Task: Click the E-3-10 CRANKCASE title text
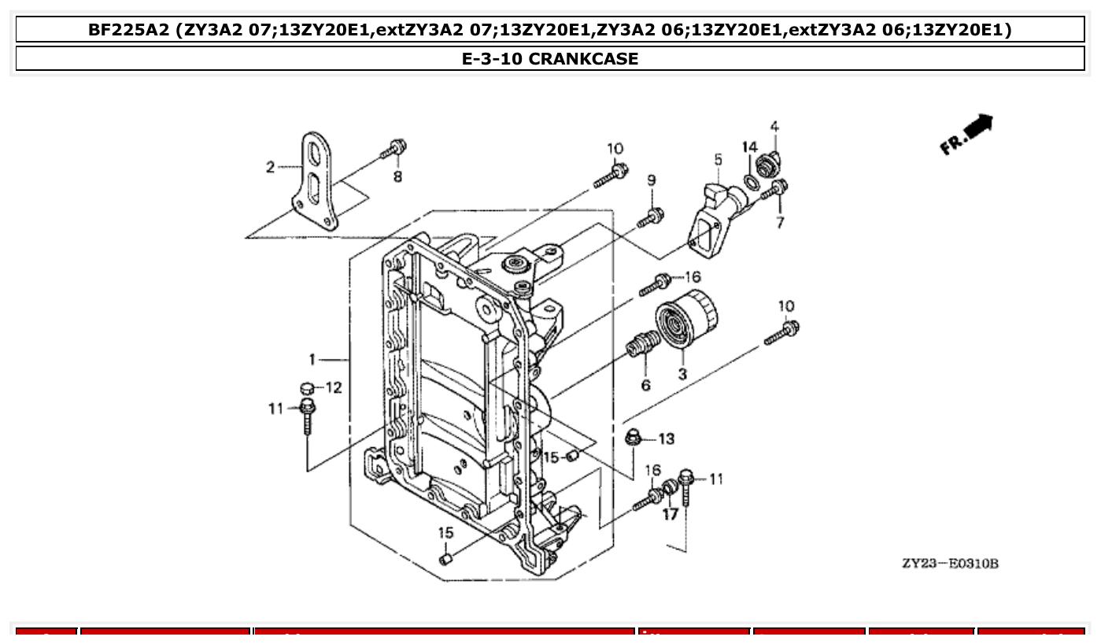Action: pos(549,58)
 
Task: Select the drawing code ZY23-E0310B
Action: pos(950,564)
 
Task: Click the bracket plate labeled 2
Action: pos(316,181)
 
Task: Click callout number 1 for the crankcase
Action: pos(312,360)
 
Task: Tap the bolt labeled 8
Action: pos(393,150)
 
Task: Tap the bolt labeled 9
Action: pos(651,217)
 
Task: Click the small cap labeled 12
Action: pos(309,387)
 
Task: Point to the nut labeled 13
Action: pos(633,437)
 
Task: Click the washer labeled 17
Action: pos(670,489)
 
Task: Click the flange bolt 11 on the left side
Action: pos(307,415)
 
